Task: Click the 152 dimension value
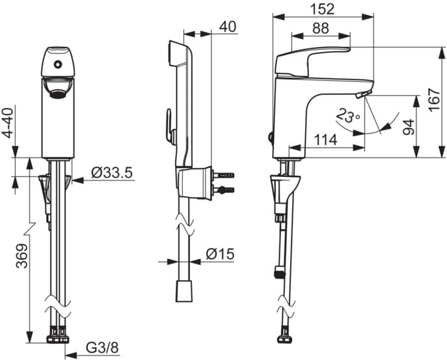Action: pyautogui.click(x=323, y=9)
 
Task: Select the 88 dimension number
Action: pyautogui.click(x=320, y=28)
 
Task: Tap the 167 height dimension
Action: pyautogui.click(x=435, y=100)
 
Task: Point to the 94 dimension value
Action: pyautogui.click(x=408, y=127)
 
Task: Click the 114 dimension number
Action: pyautogui.click(x=325, y=140)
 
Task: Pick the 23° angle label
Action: pyautogui.click(x=348, y=115)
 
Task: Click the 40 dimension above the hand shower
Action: pyautogui.click(x=228, y=27)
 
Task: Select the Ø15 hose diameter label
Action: pyautogui.click(x=220, y=254)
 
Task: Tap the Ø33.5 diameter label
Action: pyautogui.click(x=112, y=173)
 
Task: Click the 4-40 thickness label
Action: pyautogui.click(x=9, y=123)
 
